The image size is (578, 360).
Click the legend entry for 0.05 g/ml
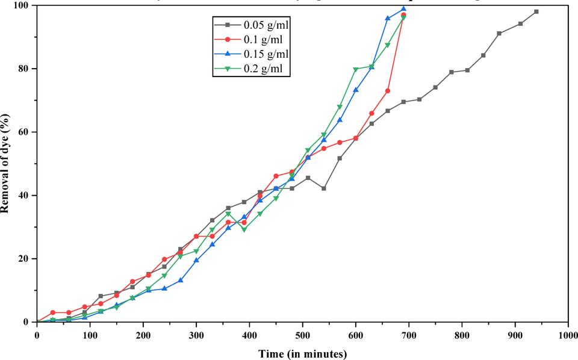point(263,25)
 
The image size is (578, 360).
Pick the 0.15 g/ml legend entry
point(263,55)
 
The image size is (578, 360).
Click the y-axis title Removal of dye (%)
point(5,163)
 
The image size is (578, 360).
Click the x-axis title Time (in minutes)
point(302,353)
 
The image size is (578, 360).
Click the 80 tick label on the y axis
point(26,69)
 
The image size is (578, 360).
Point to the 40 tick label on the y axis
point(26,195)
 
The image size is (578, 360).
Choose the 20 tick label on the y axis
point(26,259)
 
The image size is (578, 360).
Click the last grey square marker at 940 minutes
point(536,11)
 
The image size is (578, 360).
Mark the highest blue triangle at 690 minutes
point(403,9)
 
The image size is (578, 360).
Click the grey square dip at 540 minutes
point(324,188)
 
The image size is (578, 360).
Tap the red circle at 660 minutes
point(387,91)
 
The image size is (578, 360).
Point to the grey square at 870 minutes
point(499,34)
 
